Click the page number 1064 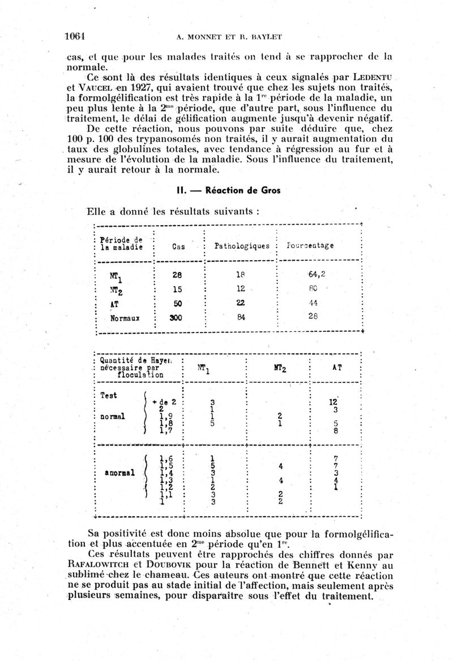[x=74, y=36]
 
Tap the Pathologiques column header [x=237, y=247]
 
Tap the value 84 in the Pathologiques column [x=240, y=317]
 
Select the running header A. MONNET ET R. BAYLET [x=229, y=37]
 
